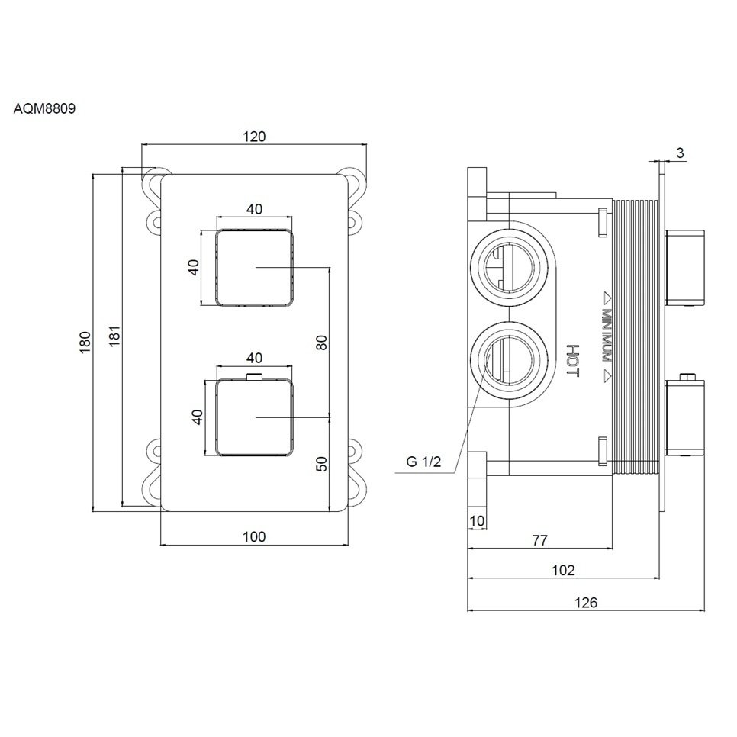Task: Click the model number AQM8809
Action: [44, 108]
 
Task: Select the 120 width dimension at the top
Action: [254, 137]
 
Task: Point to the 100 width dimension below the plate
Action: [254, 537]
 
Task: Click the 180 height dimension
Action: [85, 340]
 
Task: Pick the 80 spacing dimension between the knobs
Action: [321, 343]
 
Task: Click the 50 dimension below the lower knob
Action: [321, 463]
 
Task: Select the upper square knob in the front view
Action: [254, 267]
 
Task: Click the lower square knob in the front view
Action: [254, 417]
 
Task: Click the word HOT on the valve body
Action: [573, 360]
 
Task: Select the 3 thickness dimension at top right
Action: [680, 153]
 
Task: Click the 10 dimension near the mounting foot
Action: [477, 521]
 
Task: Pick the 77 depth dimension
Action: [539, 540]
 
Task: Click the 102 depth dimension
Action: [562, 570]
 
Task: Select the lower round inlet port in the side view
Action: [511, 358]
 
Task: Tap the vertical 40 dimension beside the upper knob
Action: [194, 267]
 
